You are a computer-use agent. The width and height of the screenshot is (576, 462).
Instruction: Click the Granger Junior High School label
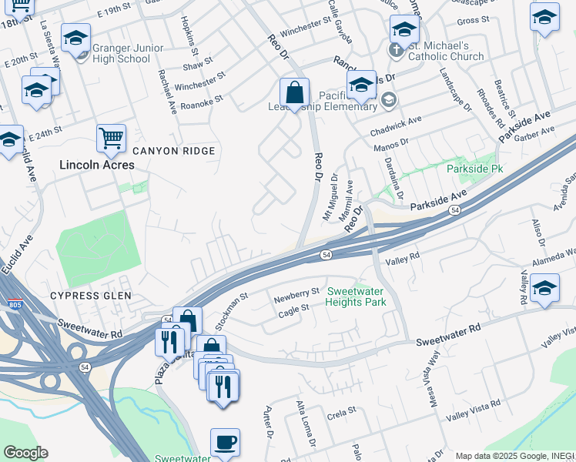pyautogui.click(x=128, y=53)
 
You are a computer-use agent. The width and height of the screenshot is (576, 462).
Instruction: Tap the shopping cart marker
pyautogui.click(x=111, y=139)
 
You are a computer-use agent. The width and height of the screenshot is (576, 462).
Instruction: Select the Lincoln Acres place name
pyautogui.click(x=97, y=165)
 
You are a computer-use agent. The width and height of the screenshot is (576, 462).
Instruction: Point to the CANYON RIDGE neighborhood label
pyautogui.click(x=172, y=151)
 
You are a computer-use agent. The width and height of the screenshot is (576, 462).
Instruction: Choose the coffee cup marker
pyautogui.click(x=225, y=444)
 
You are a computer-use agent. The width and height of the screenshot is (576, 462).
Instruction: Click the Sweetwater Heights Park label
pyautogui.click(x=357, y=296)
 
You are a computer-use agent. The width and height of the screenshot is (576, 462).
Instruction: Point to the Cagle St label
pyautogui.click(x=293, y=307)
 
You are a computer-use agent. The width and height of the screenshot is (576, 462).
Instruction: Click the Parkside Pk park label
pyautogui.click(x=475, y=168)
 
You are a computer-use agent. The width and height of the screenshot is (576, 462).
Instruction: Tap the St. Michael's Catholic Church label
pyautogui.click(x=446, y=51)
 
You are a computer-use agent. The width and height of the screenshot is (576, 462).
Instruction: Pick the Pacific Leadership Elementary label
pyautogui.click(x=343, y=100)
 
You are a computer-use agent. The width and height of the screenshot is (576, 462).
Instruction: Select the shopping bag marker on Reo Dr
pyautogui.click(x=294, y=94)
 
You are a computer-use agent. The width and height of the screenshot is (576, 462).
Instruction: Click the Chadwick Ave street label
pyautogui.click(x=396, y=120)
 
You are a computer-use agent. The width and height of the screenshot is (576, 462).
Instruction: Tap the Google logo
pyautogui.click(x=25, y=453)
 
